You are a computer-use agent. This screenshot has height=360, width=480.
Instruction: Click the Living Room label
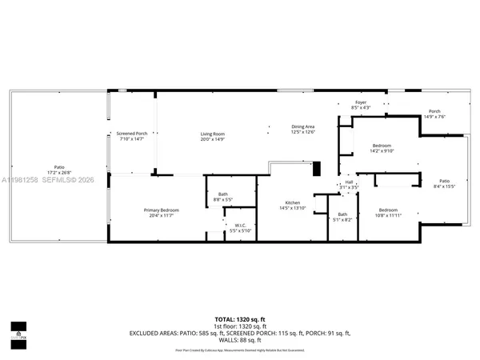coord(212,136)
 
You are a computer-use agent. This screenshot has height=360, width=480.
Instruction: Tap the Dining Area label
coord(302,130)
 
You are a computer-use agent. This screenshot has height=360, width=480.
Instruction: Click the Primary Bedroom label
coord(161,213)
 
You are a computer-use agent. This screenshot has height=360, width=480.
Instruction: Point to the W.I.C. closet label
coord(240,227)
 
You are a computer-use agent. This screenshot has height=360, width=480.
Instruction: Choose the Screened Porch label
coord(131,136)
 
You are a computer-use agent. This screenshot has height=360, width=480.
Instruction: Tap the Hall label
coord(349,184)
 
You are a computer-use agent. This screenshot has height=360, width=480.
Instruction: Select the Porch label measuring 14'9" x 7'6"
coord(434,114)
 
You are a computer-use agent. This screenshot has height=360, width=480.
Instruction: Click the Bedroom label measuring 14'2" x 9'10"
coord(382,148)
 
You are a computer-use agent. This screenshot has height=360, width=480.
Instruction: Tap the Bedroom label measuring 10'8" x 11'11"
coord(388,212)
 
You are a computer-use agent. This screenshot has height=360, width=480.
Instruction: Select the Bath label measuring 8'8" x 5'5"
coord(223,197)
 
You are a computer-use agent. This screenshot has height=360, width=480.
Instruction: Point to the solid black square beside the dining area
coord(316,168)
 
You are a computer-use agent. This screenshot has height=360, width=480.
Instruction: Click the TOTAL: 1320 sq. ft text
coord(240,319)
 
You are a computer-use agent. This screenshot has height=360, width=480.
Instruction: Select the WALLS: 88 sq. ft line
coord(240,339)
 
